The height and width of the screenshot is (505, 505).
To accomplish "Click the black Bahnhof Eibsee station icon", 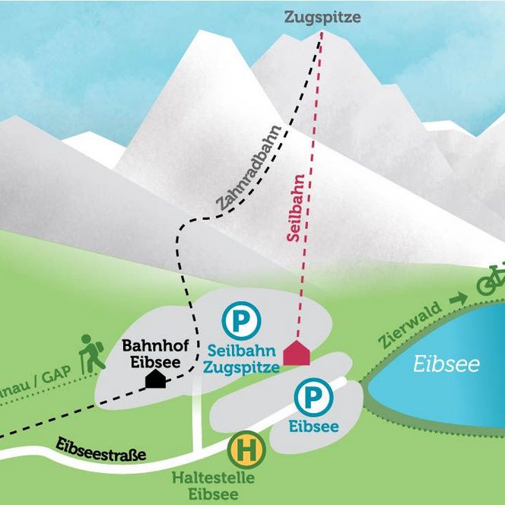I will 155,378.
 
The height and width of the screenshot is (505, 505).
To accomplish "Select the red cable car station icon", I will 297,354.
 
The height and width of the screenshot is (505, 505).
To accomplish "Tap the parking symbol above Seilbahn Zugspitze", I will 241,321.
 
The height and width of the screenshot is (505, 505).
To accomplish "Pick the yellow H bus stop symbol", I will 246,450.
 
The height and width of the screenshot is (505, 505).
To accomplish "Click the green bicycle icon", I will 491,282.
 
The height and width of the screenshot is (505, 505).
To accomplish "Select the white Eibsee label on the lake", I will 446,365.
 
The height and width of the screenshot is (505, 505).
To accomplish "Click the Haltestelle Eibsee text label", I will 212,486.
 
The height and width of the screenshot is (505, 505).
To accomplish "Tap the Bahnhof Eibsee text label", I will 152,354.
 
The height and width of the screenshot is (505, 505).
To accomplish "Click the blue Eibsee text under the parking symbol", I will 313,427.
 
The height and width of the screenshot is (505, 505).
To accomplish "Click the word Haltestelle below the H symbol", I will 212,479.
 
